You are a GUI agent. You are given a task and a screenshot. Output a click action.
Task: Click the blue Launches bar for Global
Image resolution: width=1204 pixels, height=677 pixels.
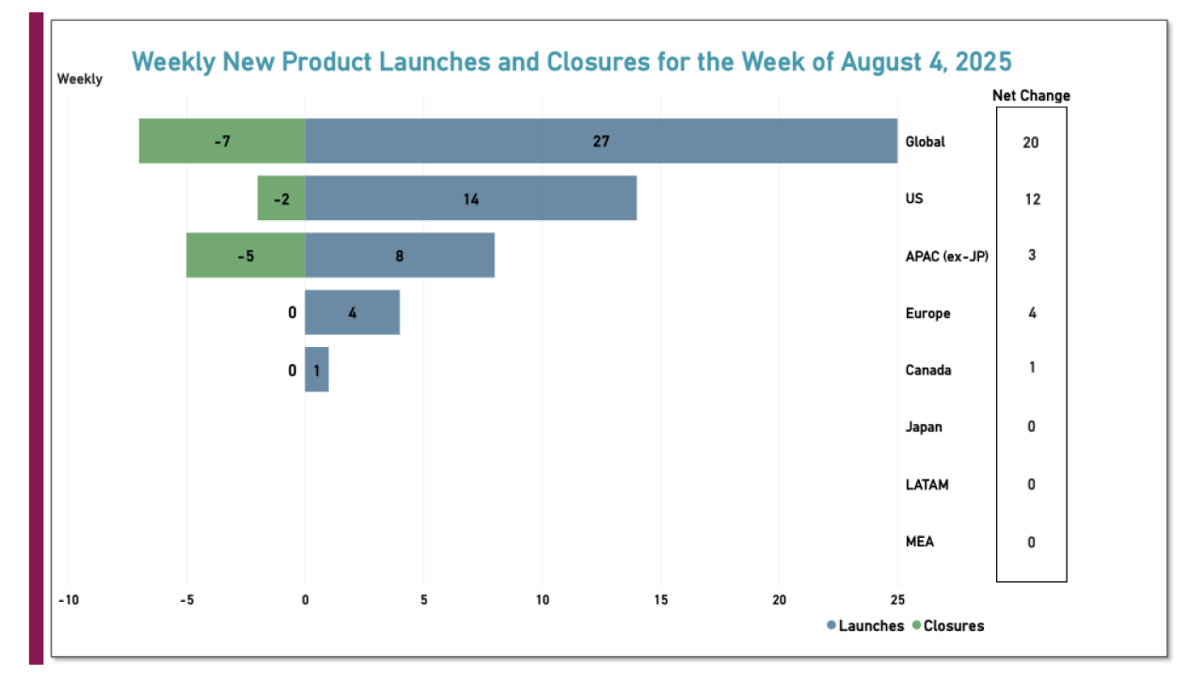(x=601, y=141)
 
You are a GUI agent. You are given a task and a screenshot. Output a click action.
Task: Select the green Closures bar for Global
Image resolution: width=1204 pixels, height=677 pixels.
(x=222, y=141)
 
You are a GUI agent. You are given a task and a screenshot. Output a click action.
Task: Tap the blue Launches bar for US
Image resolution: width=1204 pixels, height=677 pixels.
(x=470, y=198)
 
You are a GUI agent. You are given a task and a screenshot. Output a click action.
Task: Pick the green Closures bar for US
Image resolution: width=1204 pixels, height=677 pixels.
(x=281, y=198)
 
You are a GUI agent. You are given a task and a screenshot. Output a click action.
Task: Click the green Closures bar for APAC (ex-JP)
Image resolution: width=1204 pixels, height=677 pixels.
(x=246, y=255)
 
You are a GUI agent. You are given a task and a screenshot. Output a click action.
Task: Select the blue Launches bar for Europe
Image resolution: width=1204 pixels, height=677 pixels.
(x=352, y=312)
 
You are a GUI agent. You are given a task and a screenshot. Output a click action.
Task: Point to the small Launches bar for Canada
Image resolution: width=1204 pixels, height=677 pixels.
(x=316, y=370)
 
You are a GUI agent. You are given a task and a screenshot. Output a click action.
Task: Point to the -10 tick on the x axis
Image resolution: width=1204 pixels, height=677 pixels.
(x=68, y=600)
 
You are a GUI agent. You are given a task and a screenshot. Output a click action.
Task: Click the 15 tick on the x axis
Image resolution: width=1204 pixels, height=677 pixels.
(x=659, y=600)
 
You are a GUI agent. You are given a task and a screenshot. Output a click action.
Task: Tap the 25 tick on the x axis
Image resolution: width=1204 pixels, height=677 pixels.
(x=897, y=600)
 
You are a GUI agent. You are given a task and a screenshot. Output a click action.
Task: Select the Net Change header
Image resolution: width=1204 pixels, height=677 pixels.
(x=1031, y=96)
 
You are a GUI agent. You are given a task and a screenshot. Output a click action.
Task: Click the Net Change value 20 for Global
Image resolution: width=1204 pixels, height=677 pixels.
(x=1032, y=142)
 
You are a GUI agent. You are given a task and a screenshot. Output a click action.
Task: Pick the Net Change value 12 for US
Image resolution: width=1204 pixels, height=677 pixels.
(x=1032, y=199)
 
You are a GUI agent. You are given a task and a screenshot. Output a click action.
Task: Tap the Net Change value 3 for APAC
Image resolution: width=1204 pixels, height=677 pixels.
(x=1032, y=255)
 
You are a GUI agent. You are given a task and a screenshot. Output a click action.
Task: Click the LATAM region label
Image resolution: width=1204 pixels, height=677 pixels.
(x=927, y=485)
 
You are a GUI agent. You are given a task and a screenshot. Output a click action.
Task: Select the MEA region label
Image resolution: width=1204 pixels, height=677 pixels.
(x=920, y=542)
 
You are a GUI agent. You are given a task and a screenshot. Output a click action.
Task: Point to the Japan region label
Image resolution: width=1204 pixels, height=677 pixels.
(x=924, y=427)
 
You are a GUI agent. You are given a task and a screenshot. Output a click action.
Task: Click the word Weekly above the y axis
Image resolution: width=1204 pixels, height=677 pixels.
(x=80, y=80)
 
